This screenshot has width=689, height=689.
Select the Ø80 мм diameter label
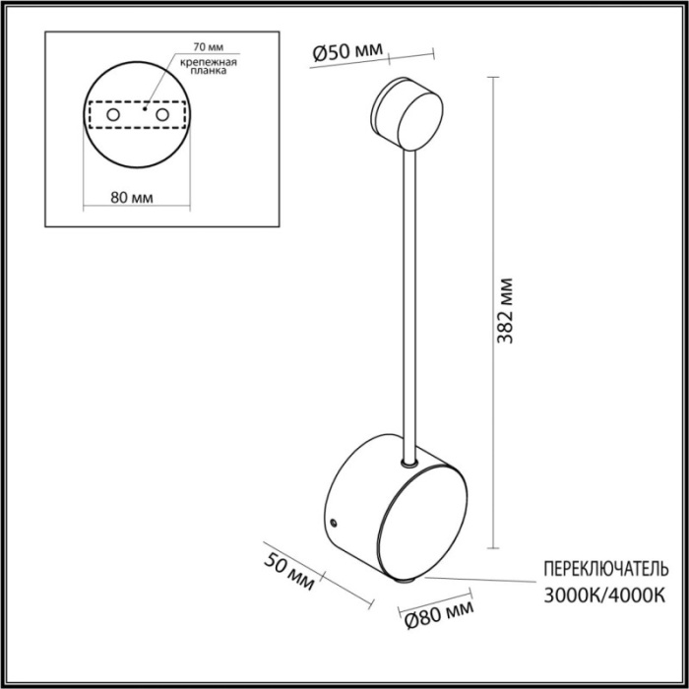click(x=433, y=618)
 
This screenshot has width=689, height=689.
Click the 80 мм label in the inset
click(x=131, y=197)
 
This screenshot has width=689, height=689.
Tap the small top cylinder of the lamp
click(x=407, y=111)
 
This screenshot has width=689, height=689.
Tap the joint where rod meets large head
click(x=407, y=461)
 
